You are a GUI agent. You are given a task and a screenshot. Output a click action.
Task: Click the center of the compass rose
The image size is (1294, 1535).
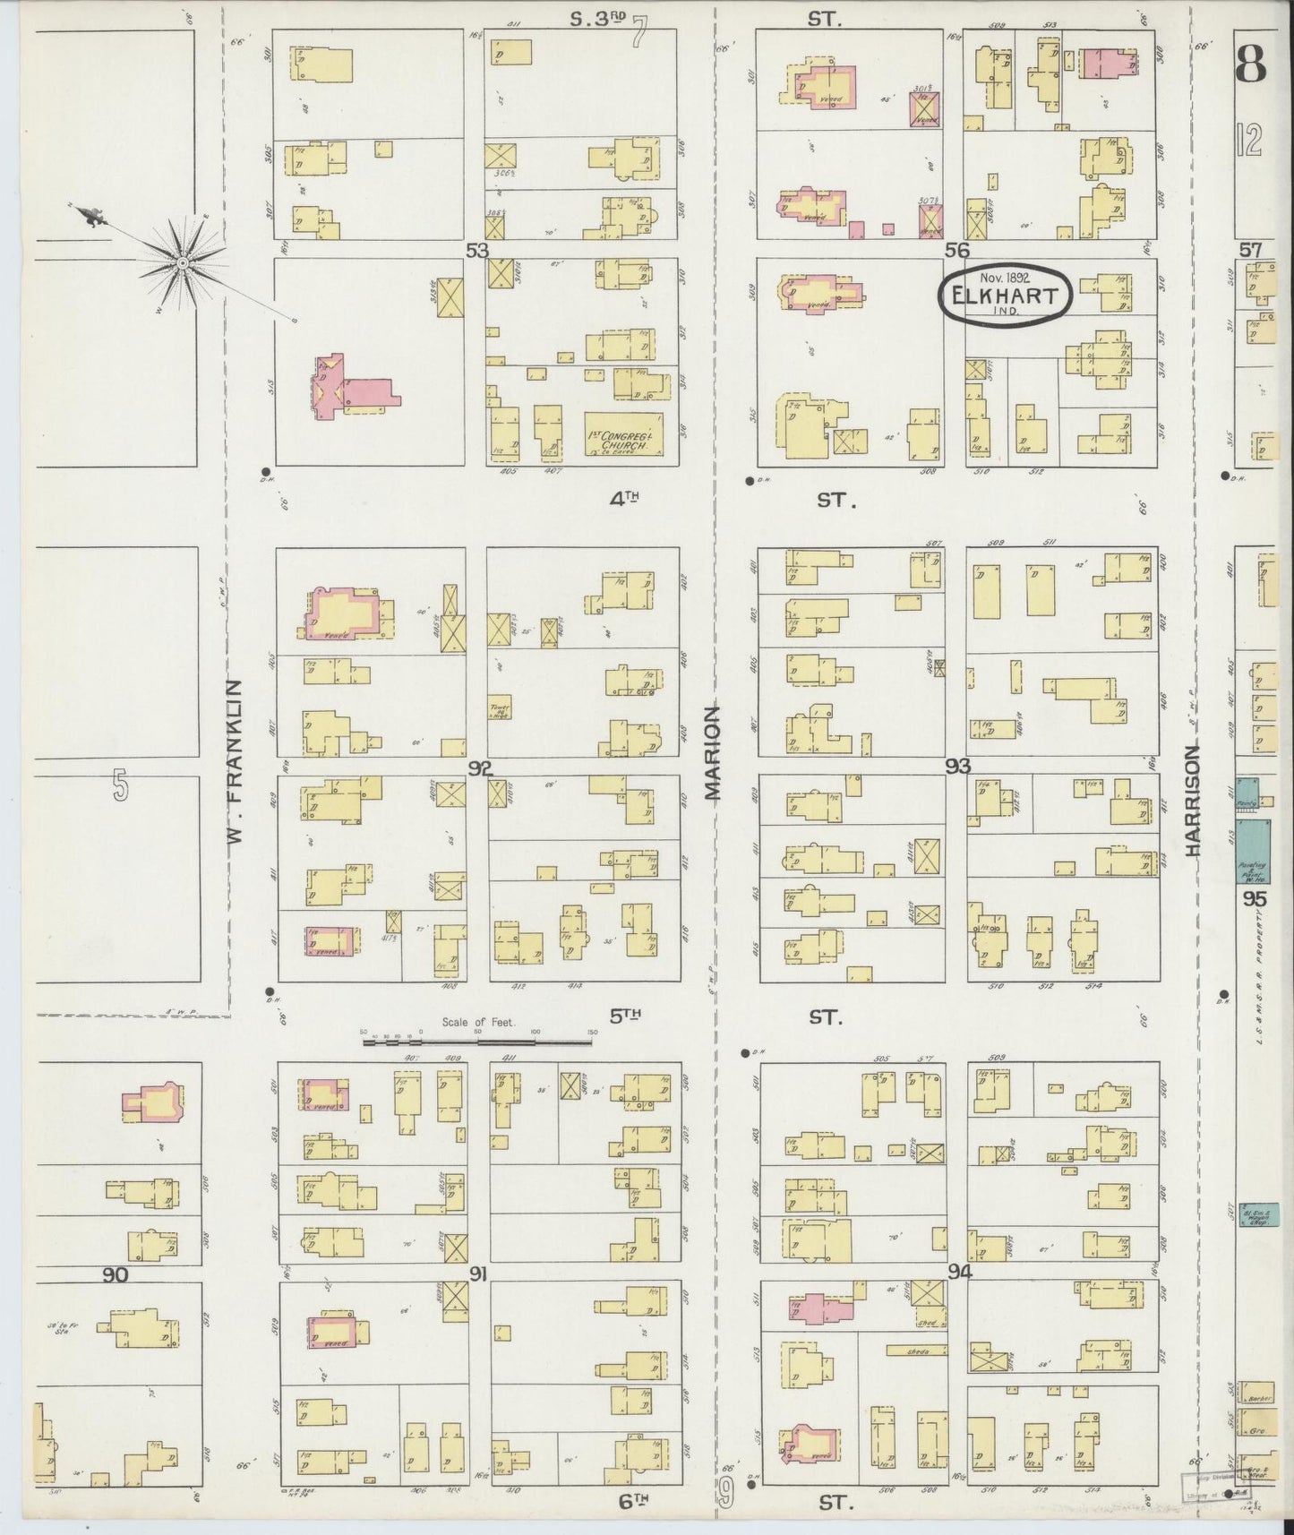(183, 262)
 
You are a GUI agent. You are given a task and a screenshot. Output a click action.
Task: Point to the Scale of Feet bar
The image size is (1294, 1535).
(478, 1040)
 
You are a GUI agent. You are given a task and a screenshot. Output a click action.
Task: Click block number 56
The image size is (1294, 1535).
(958, 251)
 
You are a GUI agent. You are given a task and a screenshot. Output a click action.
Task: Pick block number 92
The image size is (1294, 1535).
(480, 767)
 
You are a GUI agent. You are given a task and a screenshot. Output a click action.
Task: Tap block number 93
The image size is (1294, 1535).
(957, 766)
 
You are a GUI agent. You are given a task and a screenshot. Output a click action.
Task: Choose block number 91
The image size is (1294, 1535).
(477, 1274)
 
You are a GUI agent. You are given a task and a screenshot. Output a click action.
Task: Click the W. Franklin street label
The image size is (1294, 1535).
(236, 762)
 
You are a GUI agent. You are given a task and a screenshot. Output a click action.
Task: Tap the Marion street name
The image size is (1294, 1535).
(712, 751)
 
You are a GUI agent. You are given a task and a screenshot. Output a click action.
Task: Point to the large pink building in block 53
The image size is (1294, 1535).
(354, 389)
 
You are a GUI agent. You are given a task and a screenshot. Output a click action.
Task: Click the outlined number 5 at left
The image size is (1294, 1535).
(121, 785)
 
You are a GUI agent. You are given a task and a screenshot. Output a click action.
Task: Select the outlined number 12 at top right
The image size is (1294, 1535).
(1251, 139)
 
